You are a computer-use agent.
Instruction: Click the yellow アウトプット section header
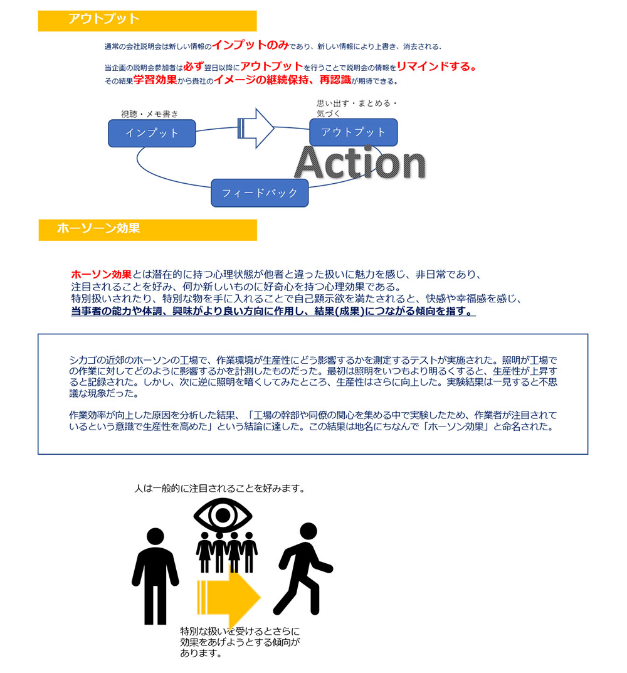pos(147,21)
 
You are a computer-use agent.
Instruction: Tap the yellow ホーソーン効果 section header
pos(147,230)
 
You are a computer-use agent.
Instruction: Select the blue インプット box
pos(152,133)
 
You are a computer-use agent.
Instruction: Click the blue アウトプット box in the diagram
pos(353,132)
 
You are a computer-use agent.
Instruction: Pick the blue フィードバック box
pos(260,193)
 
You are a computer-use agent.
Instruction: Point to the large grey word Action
pos(360,162)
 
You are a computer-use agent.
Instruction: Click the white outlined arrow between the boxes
pos(256,129)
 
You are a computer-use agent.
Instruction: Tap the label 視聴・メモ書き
pos(149,114)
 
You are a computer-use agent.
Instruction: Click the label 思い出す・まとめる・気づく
pos(357,108)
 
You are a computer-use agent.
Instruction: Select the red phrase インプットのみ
pos(250,45)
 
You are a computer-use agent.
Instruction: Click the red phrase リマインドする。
pos(436,66)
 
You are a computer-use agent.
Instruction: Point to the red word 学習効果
pos(155,80)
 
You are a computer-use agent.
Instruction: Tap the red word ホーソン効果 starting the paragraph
pos(102,274)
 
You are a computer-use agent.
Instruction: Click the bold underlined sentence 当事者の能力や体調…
pos(273,310)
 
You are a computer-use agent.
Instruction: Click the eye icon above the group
pos(223,514)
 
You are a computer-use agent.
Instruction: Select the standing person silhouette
pos(155,576)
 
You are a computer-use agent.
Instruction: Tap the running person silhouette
pos(303,569)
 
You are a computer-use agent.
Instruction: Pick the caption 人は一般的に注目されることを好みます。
pos(219,488)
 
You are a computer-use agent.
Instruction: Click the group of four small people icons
pos(226,551)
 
